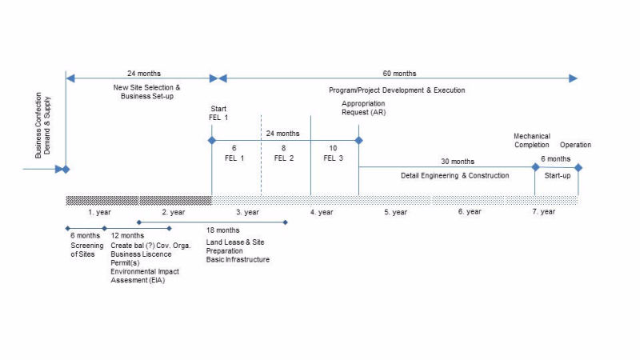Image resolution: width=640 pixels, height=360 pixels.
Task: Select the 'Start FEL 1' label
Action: pyautogui.click(x=218, y=113)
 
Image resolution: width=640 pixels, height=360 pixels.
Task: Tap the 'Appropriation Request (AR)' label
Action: pyautogui.click(x=363, y=108)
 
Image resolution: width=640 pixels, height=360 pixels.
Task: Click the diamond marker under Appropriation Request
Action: pyautogui.click(x=358, y=141)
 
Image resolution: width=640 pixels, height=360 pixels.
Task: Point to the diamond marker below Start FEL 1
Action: pyautogui.click(x=212, y=141)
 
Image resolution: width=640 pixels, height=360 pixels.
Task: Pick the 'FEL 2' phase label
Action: pyautogui.click(x=284, y=158)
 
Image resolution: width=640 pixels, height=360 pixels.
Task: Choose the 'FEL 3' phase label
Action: pyautogui.click(x=334, y=158)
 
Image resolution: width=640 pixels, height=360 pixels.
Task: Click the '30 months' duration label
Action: pyautogui.click(x=458, y=162)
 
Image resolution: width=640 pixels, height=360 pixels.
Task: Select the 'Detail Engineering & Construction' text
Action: pyautogui.click(x=454, y=175)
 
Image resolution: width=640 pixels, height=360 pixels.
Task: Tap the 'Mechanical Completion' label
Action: pyautogui.click(x=531, y=141)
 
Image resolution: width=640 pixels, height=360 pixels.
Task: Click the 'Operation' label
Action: pyautogui.click(x=575, y=145)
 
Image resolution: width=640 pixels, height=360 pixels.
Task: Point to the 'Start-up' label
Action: pyautogui.click(x=557, y=175)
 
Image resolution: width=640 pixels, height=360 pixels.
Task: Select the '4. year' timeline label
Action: pyautogui.click(x=322, y=212)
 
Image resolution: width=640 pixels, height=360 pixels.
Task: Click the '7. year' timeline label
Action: pyautogui.click(x=543, y=212)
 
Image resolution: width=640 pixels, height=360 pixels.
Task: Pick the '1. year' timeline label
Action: pyautogui.click(x=99, y=212)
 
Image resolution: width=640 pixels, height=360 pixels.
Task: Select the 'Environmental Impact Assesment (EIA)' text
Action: pyautogui.click(x=143, y=276)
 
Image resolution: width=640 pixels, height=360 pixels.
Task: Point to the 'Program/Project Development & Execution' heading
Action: pyautogui.click(x=397, y=90)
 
